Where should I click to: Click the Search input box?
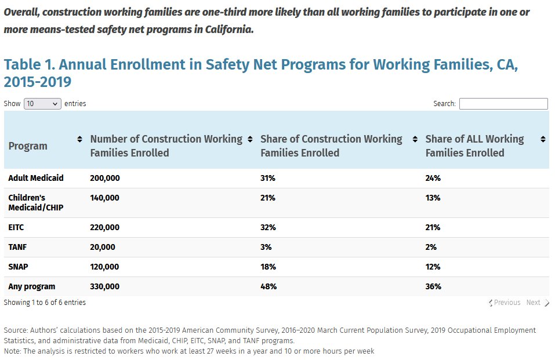pyautogui.click(x=503, y=104)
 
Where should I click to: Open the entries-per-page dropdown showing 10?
pyautogui.click(x=42, y=104)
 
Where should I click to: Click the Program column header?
pyautogui.click(x=28, y=146)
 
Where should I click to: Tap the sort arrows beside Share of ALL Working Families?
pyautogui.click(x=543, y=140)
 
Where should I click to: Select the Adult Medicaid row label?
pyautogui.click(x=36, y=178)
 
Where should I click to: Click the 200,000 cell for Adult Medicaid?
pyautogui.click(x=105, y=178)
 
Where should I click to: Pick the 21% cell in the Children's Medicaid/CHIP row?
pyautogui.click(x=268, y=198)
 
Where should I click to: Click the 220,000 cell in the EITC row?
pyautogui.click(x=105, y=227)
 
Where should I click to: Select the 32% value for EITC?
pyautogui.click(x=268, y=227)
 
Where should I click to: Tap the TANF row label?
pyautogui.click(x=17, y=247)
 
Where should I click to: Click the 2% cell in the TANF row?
pyautogui.click(x=431, y=247)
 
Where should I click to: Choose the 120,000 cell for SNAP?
pyautogui.click(x=104, y=267)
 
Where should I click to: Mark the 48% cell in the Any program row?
pyautogui.click(x=269, y=286)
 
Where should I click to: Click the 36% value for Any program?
pyautogui.click(x=433, y=286)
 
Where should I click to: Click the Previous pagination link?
pyautogui.click(x=505, y=303)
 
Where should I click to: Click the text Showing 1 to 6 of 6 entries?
pyautogui.click(x=45, y=303)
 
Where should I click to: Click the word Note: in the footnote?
pyautogui.click(x=13, y=351)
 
